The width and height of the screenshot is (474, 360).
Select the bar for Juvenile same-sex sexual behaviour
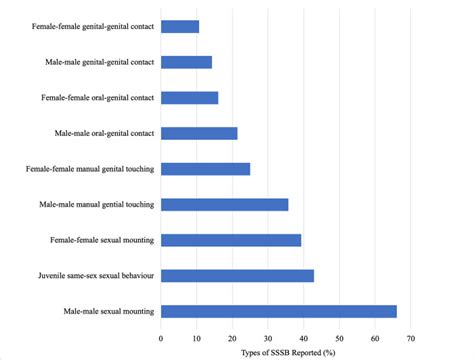coord(237,275)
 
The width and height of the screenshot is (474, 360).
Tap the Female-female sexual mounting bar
coord(230,240)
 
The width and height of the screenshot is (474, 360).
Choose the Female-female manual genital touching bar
coord(205,169)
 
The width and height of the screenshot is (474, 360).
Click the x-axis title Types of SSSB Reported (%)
coord(286,352)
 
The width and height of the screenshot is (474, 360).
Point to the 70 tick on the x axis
coord(410,338)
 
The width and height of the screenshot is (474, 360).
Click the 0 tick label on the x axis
coord(161,338)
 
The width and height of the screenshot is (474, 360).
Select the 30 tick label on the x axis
coord(268,338)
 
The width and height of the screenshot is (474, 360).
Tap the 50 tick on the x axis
coord(339,338)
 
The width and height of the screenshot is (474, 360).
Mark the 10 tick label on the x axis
coord(197,338)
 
